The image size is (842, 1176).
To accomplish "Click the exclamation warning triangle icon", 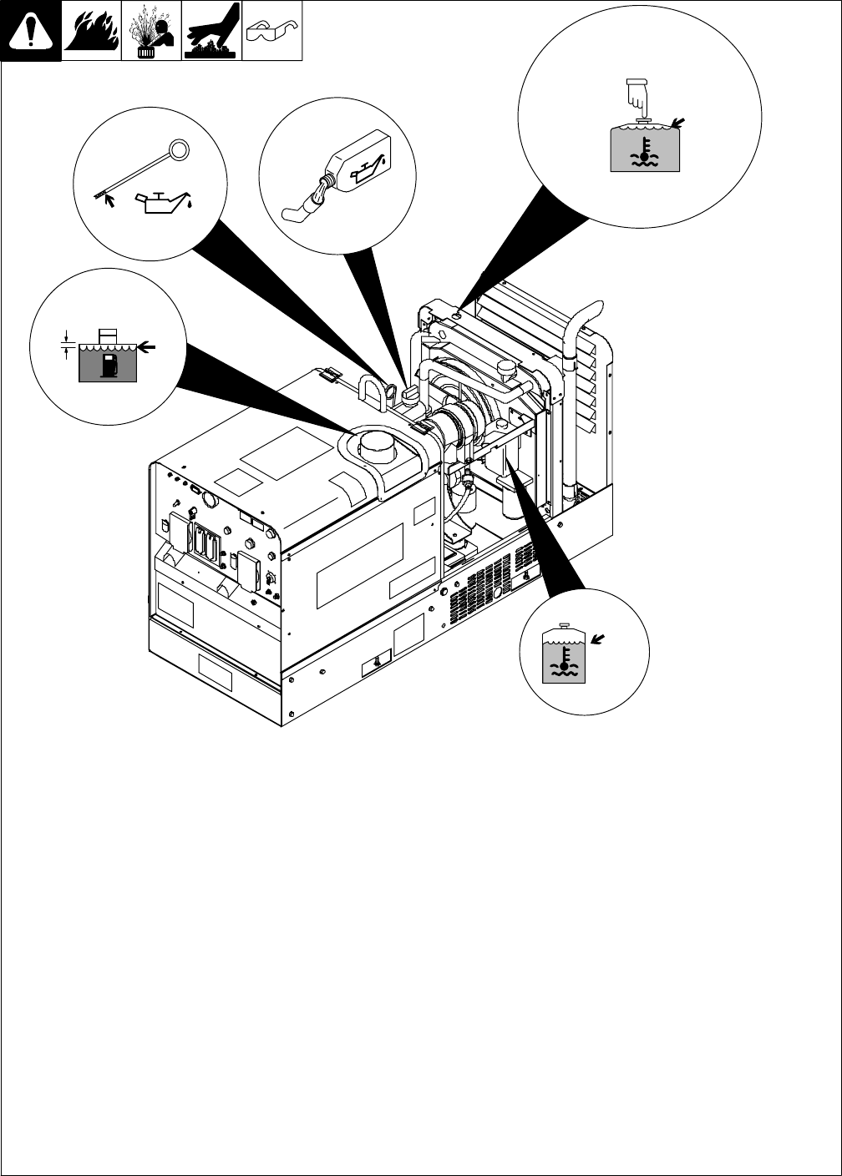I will pyautogui.click(x=31, y=33).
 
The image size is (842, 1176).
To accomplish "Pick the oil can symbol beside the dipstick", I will pyautogui.click(x=162, y=203).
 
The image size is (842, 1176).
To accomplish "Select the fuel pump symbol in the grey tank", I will pyautogui.click(x=107, y=365).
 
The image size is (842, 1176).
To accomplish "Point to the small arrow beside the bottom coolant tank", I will pyautogui.click(x=596, y=640).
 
